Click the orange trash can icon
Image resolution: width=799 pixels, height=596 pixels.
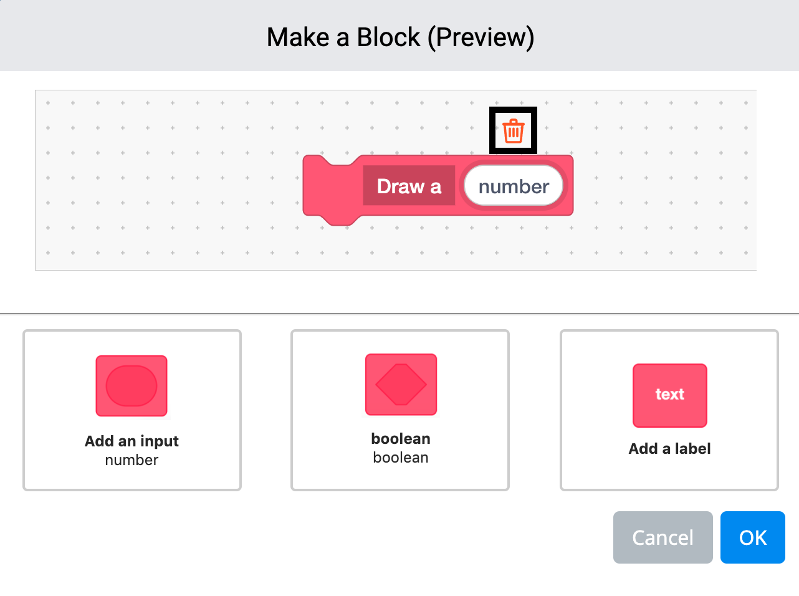[x=514, y=131]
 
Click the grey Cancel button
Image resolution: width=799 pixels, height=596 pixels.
[x=663, y=537]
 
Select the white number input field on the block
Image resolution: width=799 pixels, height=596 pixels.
[x=514, y=186]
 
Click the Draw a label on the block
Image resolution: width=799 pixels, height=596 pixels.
[x=409, y=186]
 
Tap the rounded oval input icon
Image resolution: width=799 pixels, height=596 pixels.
[x=132, y=386]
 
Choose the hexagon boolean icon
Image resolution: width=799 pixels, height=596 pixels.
[x=401, y=385]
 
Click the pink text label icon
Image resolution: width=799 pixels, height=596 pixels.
[x=670, y=395]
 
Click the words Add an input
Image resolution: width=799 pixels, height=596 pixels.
[x=132, y=441]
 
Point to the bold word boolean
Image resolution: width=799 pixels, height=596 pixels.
[x=401, y=439]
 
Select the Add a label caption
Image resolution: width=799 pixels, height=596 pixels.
[x=669, y=449]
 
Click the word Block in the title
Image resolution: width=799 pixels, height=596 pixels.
[x=388, y=37]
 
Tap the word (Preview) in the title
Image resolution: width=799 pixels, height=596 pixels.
[x=481, y=37]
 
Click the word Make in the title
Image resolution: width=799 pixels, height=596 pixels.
[x=298, y=37]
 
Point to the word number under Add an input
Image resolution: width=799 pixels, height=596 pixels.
[x=132, y=460]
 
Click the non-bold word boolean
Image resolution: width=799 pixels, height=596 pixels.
[x=401, y=458]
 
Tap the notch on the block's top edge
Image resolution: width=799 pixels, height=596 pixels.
[x=340, y=161]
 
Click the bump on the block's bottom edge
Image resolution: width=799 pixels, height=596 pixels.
[x=340, y=220]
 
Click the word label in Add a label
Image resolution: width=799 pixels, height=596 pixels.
[x=692, y=449]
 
